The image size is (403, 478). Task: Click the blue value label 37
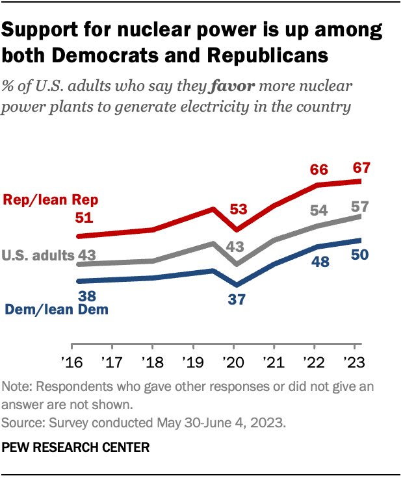click(237, 299)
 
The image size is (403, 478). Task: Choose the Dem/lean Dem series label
click(57, 310)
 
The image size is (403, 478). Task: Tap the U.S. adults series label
click(39, 256)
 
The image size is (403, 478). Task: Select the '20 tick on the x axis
click(236, 362)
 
